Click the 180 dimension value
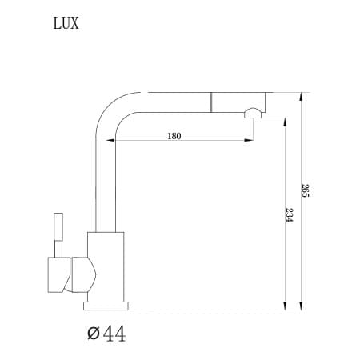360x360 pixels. coord(174,136)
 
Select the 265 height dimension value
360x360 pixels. coord(305,190)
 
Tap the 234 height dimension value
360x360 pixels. coord(288,216)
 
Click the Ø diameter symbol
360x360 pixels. coord(91,332)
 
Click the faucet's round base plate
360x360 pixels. coord(106,305)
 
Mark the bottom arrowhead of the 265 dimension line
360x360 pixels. coord(300,305)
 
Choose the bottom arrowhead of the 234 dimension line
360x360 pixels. coord(283,305)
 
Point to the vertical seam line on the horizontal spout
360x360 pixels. coord(212,102)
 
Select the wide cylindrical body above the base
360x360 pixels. coord(106,267)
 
